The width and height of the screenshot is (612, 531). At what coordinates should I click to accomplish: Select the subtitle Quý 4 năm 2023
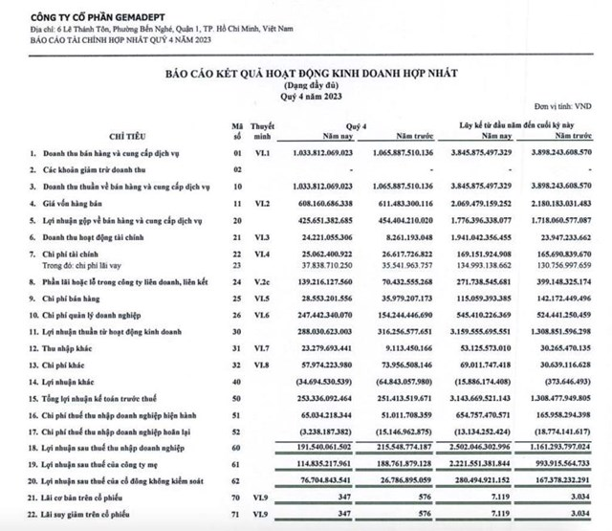point(304,96)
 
